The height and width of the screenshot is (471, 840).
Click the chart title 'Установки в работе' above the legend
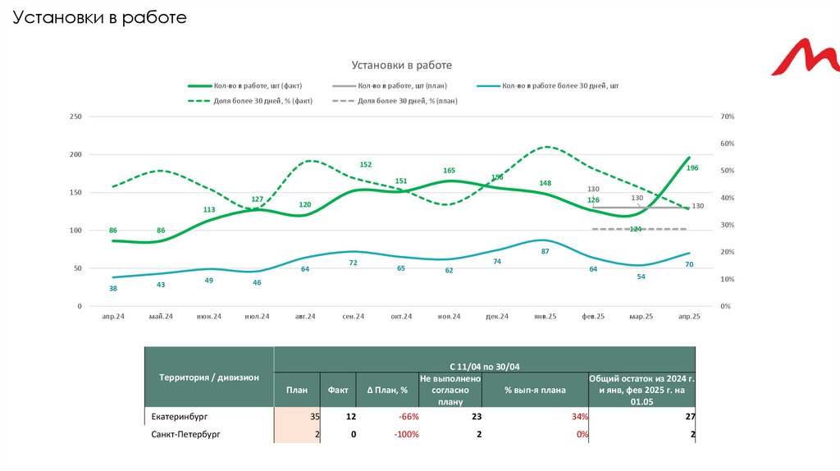(x=402, y=65)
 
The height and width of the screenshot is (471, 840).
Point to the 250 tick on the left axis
(x=76, y=117)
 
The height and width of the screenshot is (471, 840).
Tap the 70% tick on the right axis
(x=727, y=117)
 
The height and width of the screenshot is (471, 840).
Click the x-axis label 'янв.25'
(x=545, y=317)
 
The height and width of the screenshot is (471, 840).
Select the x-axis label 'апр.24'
(x=113, y=317)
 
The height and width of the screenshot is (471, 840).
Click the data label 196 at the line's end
(x=692, y=168)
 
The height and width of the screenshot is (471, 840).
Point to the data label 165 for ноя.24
(x=449, y=171)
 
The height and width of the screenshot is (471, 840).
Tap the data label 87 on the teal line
(x=545, y=251)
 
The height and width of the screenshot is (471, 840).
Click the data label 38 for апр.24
(x=113, y=288)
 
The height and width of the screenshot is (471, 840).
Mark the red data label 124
(x=636, y=229)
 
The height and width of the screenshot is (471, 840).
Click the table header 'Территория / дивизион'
(x=209, y=377)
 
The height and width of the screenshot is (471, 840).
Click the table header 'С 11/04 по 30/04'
(x=484, y=365)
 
